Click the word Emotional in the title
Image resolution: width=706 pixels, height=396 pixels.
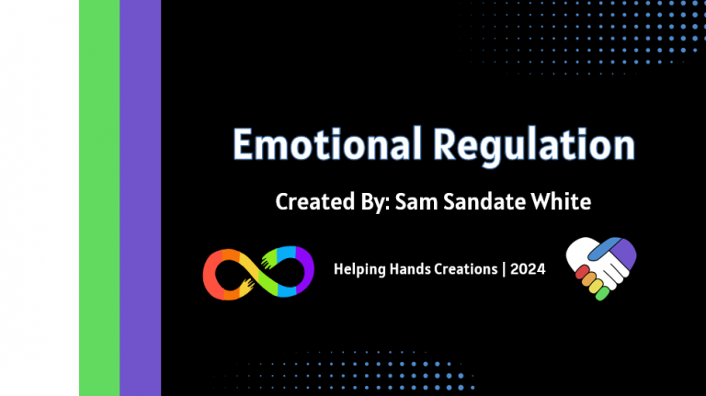pos(322,146)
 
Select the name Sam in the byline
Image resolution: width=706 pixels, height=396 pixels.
pos(412,202)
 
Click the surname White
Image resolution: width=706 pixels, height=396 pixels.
pos(551,202)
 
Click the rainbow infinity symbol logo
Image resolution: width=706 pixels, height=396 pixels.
pos(253,272)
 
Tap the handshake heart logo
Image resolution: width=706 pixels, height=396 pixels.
pos(600,267)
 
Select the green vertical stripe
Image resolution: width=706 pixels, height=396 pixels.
pos(99,198)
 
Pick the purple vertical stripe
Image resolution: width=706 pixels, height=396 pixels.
pos(140,198)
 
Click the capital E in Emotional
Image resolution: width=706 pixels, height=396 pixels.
pos(243,146)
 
